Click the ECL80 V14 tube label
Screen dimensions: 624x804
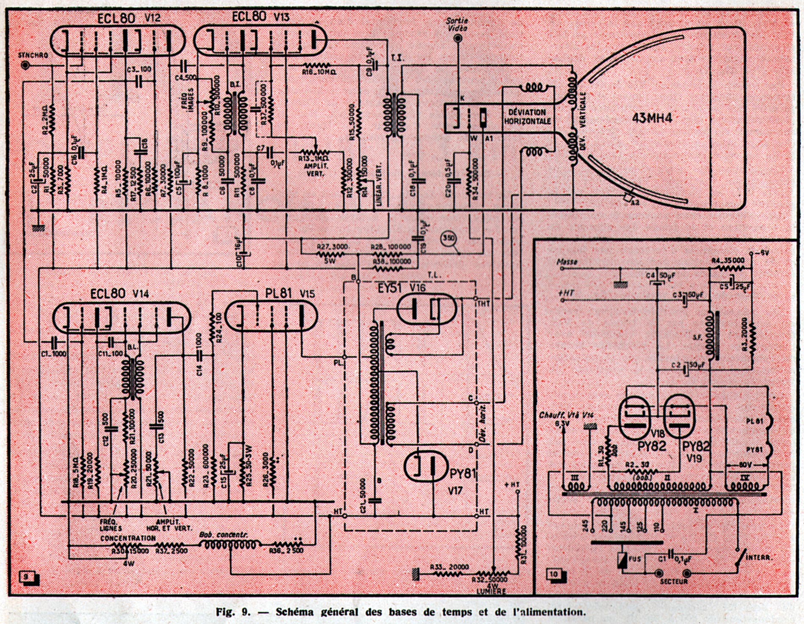point(119,293)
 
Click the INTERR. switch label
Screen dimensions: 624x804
point(759,558)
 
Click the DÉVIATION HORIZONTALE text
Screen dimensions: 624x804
point(527,117)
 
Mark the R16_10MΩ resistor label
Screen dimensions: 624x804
point(319,72)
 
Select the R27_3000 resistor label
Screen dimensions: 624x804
point(333,247)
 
